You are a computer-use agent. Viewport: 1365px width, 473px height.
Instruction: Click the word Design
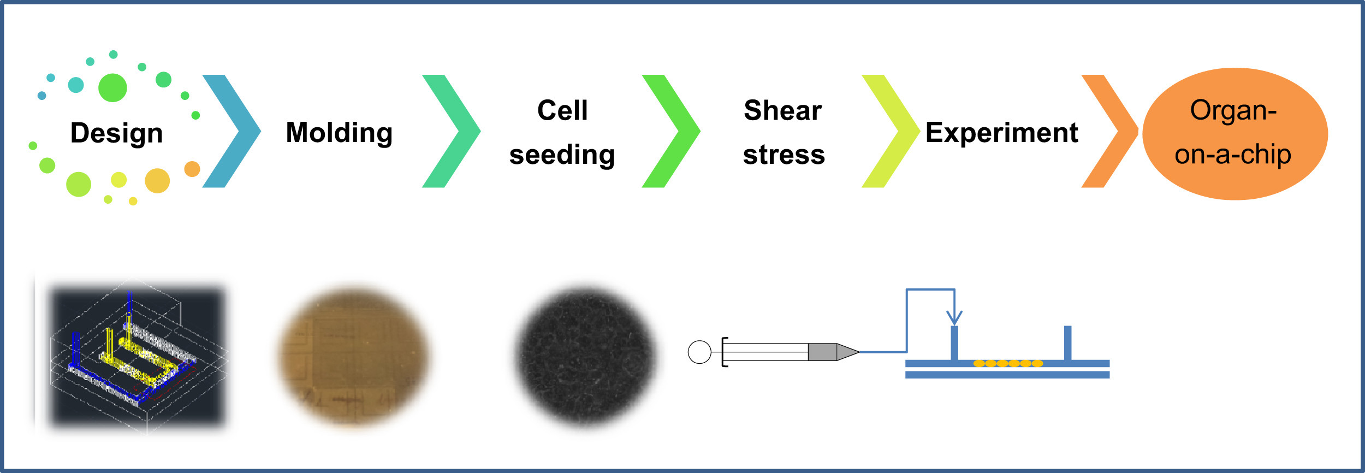(x=117, y=133)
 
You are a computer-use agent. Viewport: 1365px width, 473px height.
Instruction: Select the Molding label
(x=340, y=133)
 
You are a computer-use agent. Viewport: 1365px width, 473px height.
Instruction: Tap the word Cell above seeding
(x=562, y=110)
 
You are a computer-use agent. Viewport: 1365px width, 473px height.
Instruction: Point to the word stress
(x=784, y=155)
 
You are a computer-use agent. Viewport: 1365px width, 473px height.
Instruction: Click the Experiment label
(x=1002, y=133)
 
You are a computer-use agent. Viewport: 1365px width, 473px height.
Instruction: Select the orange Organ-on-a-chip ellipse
(x=1235, y=134)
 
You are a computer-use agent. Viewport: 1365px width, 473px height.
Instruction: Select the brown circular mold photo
(x=353, y=357)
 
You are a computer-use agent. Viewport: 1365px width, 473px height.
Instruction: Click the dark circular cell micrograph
(x=586, y=357)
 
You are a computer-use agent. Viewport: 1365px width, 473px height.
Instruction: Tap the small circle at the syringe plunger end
(x=699, y=352)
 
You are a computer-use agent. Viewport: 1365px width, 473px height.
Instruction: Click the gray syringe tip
(x=834, y=352)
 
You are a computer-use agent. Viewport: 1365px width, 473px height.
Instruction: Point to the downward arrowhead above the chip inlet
(x=954, y=318)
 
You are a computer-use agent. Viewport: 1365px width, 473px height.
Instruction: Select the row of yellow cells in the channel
(x=1008, y=363)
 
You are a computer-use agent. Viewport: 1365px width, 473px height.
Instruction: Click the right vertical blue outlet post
(x=1067, y=343)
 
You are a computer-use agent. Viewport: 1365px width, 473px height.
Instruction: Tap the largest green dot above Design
(x=112, y=87)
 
